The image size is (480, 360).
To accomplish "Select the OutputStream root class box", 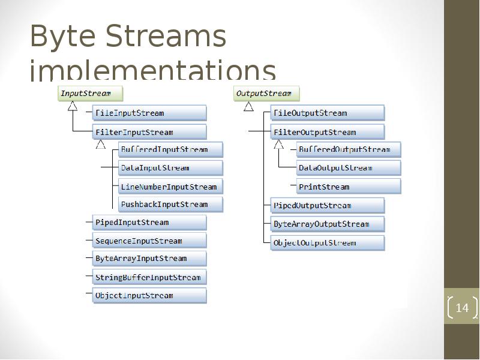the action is pos(266,94).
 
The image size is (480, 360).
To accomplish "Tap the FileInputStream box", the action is pos(149,113).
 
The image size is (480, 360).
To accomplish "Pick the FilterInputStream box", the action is pos(149,132).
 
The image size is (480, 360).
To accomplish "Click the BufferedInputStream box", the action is pos(170,149).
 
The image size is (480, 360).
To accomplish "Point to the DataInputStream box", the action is pos(170,168).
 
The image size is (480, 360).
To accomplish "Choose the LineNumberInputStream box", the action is pos(170,187).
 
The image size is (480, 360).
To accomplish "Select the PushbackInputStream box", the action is pos(170,205).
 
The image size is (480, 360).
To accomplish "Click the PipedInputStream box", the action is pos(149,223).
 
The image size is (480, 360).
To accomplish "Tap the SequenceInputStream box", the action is pos(149,241).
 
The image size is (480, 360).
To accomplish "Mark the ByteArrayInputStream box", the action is pos(149,259).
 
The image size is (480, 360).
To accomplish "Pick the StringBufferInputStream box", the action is pos(149,277).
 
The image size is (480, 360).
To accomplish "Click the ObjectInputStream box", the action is pos(149,295).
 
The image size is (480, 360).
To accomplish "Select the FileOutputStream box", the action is pos(327,113).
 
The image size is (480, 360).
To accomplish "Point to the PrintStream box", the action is pos(348,187).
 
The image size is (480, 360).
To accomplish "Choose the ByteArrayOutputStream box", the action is pos(327,224).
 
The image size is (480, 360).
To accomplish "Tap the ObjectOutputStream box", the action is pos(327,243).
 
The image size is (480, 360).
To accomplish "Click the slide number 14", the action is pos(461,308).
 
